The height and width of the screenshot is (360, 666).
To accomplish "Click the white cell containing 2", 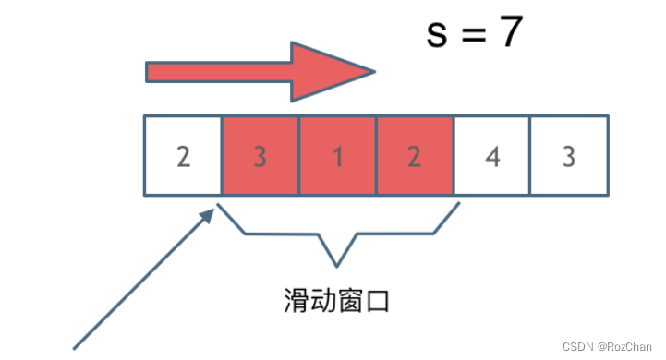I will tap(183, 156).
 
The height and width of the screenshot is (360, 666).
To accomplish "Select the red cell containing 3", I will tap(260, 156).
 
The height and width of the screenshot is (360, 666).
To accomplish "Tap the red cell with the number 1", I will tap(337, 156).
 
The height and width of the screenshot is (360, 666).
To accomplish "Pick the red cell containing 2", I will tap(414, 156).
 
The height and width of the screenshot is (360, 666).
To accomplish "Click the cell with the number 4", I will tap(492, 156).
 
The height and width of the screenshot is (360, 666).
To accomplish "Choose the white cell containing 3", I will tap(569, 156).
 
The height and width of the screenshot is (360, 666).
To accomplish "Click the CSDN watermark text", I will tap(578, 347).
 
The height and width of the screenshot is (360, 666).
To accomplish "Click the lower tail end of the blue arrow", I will tap(76, 347).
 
